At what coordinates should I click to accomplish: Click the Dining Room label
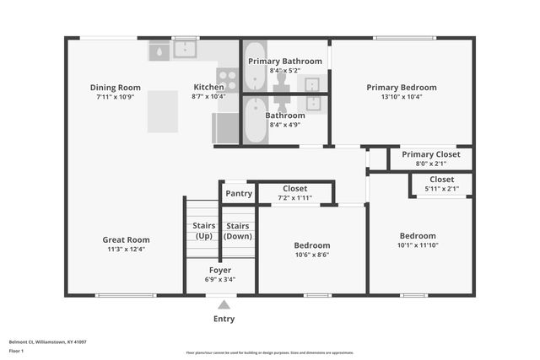click(116, 88)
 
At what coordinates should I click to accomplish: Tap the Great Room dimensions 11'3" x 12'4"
click(127, 249)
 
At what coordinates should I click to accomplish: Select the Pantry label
click(239, 194)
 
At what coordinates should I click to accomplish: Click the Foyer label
click(220, 270)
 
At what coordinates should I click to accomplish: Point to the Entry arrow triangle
click(224, 304)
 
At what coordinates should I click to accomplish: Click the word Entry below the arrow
click(224, 319)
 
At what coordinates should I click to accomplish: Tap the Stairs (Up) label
click(203, 230)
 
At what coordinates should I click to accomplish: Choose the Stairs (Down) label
click(239, 230)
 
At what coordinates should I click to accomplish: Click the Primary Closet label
click(430, 154)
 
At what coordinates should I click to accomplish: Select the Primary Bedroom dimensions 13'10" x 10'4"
click(402, 96)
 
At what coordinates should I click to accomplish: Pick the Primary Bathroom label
click(284, 62)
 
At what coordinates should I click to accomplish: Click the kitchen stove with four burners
click(228, 80)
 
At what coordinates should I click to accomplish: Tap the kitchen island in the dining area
click(162, 111)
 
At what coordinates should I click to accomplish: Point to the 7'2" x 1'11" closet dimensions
click(295, 198)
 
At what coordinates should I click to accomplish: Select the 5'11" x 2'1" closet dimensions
click(442, 189)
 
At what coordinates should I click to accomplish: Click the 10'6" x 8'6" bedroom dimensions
click(312, 255)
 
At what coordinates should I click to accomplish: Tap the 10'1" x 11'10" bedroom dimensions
click(418, 245)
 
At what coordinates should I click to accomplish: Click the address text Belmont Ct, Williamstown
click(47, 341)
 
